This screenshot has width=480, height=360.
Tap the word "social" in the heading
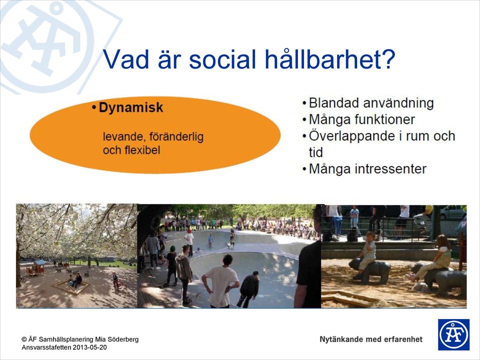tap(223, 58)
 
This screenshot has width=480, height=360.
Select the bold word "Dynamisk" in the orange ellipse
tap(131, 108)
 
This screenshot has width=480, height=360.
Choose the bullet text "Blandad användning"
tap(371, 103)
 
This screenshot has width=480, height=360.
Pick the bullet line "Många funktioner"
tap(362, 119)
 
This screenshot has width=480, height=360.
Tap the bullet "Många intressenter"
tap(367, 169)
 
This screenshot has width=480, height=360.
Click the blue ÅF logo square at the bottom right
tap(453, 334)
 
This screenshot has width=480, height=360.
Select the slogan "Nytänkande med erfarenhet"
tap(371, 339)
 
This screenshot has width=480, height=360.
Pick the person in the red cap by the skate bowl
tap(189, 241)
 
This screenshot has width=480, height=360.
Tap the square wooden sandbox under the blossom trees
tap(71, 286)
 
